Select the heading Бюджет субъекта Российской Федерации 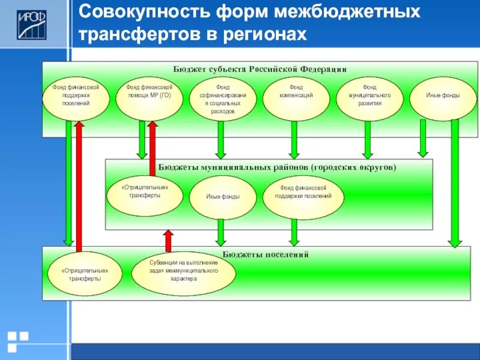pyautogui.click(x=260, y=69)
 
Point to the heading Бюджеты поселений pyautogui.click(x=265, y=254)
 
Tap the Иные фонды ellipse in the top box pyautogui.click(x=443, y=98)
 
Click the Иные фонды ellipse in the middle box pyautogui.click(x=223, y=197)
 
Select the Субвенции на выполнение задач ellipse pyautogui.click(x=183, y=274)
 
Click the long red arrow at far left pyautogui.click(x=79, y=186)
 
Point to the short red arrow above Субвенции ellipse pyautogui.click(x=169, y=241)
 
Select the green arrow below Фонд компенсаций pyautogui.click(x=295, y=140)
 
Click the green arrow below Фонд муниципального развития pyautogui.click(x=367, y=140)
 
